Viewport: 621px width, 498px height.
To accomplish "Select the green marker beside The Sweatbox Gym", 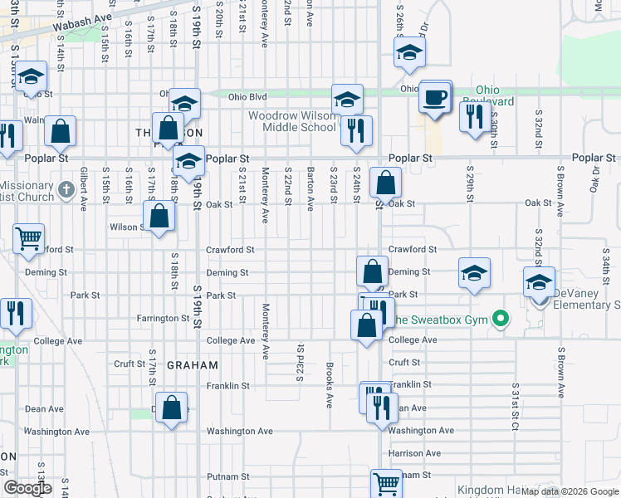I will pos(500,319).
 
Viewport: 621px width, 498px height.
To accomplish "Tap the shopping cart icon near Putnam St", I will pos(386,482).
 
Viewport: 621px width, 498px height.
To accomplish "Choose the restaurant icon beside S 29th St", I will pos(475,116).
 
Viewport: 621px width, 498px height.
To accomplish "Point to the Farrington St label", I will pos(164,318).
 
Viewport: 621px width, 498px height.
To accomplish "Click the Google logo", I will pos(27,488).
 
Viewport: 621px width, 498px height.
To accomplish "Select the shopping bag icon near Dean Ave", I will pos(171,408).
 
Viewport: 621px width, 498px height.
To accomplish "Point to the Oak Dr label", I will pos(595,175).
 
